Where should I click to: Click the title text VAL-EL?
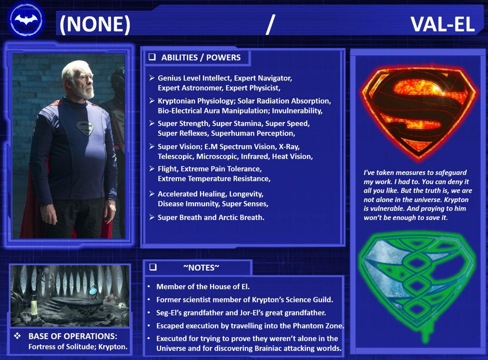(443, 24)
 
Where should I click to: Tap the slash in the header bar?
(270, 25)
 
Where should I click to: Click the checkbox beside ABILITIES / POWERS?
(152, 57)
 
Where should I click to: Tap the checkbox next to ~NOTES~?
(152, 267)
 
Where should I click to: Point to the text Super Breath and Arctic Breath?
(211, 217)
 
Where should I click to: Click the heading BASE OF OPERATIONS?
(72, 336)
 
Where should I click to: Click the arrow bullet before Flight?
(152, 169)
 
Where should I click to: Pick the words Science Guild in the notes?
(310, 300)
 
